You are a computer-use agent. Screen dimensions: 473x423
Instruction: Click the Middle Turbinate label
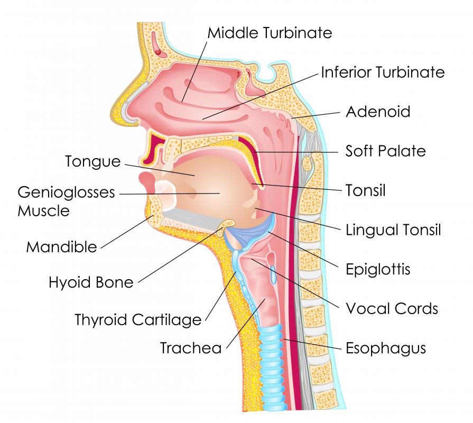pos(270,33)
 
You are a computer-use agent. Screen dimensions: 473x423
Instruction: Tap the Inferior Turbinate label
pos(383,72)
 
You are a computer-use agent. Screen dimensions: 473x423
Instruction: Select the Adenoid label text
pos(378,112)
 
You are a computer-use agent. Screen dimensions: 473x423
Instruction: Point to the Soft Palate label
pos(385,151)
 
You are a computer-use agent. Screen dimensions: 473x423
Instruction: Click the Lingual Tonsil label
pos(393,230)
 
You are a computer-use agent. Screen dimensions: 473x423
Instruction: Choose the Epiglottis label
pos(378,269)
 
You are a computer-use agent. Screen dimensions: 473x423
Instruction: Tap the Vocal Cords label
pos(392,308)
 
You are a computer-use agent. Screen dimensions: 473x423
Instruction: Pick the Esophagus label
pos(385,348)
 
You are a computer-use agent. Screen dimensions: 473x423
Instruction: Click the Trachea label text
pos(191,348)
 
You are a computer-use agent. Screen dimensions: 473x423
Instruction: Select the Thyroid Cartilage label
pos(138,320)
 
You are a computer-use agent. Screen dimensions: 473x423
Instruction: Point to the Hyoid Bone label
pos(91,282)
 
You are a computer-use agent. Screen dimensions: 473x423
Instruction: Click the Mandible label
pos(61,247)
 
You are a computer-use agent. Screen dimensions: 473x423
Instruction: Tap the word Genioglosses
pos(67,192)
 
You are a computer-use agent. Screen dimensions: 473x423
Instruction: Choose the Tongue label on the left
pos(93,161)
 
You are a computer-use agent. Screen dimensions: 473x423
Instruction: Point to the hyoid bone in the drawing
pos(228,224)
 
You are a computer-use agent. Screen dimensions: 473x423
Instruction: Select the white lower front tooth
pos(166,195)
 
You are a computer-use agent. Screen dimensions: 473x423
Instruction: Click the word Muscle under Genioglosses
pos(44,210)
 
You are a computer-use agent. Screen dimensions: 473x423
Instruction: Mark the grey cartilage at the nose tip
pos(129,112)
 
